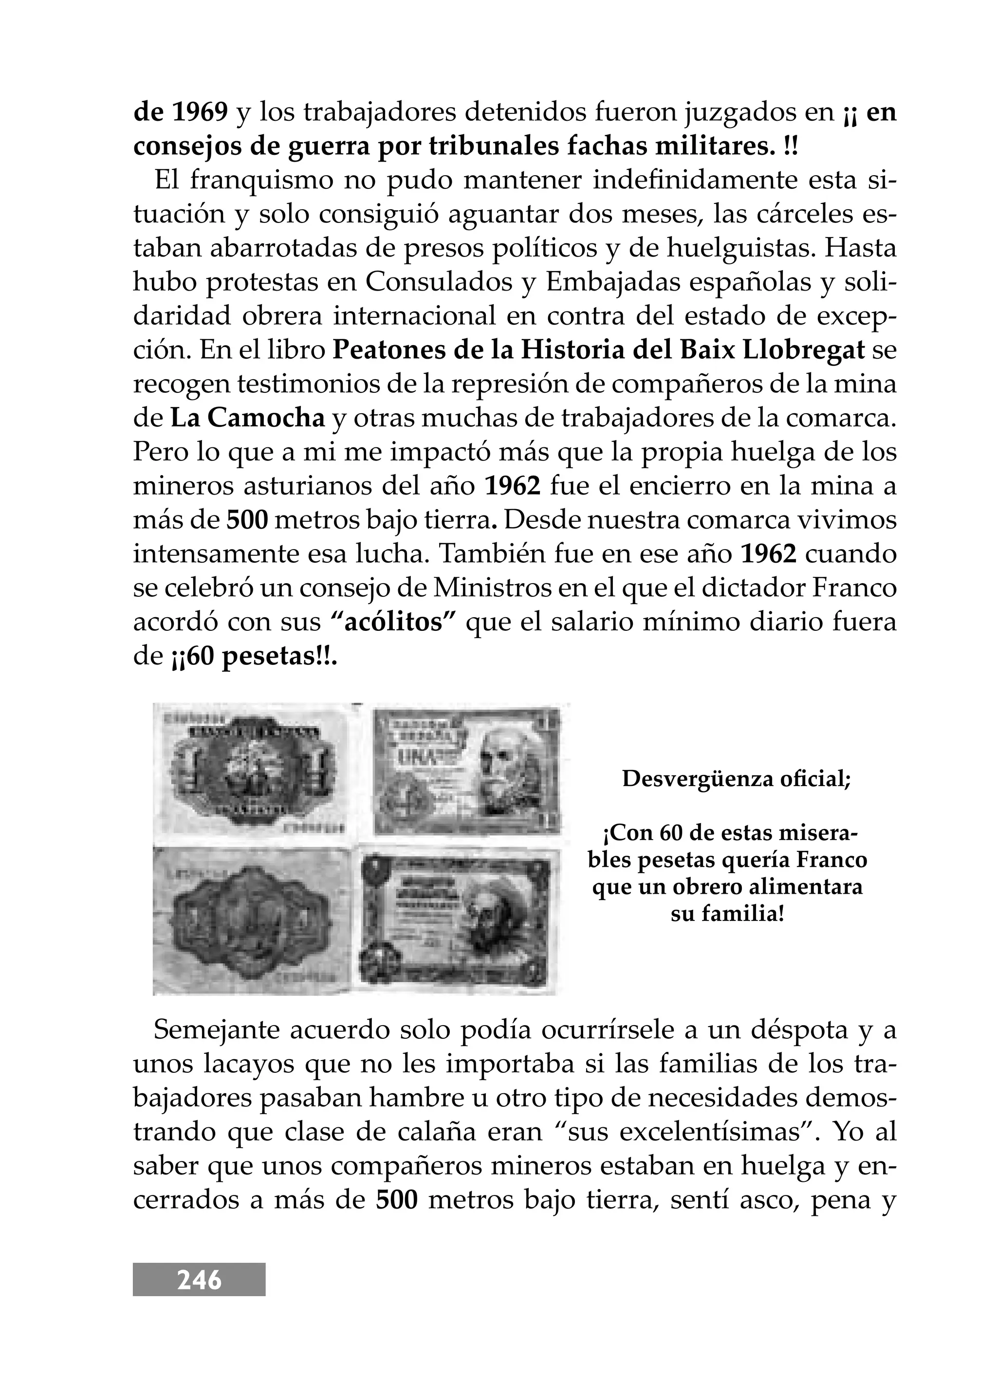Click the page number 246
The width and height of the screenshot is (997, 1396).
click(199, 1280)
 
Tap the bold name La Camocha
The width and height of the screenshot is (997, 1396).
click(247, 419)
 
